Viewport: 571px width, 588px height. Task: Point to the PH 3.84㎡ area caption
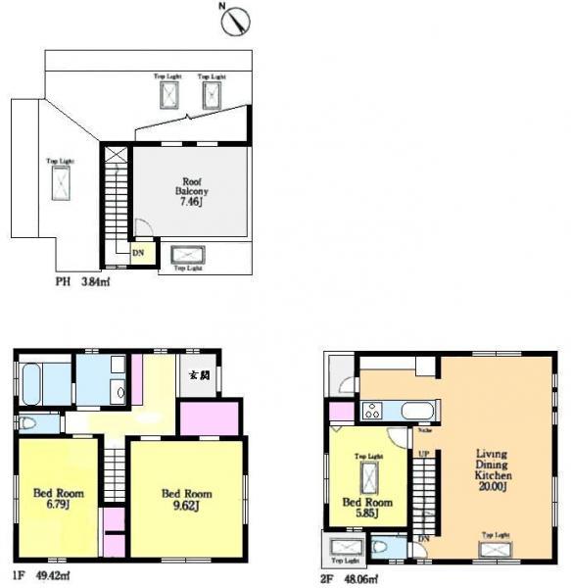point(81,283)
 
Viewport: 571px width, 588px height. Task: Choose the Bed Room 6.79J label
point(51,500)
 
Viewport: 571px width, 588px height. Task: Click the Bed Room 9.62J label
point(186,500)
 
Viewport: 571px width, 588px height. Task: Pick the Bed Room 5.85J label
point(367,508)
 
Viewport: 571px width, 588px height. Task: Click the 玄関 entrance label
point(199,375)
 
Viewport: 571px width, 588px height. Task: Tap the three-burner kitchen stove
point(373,412)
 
